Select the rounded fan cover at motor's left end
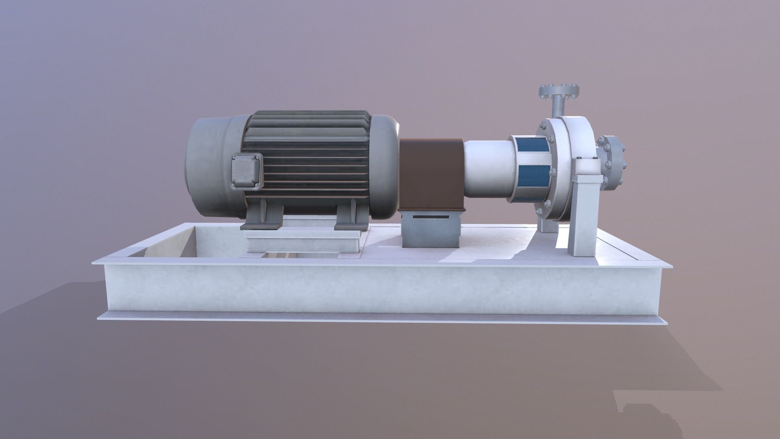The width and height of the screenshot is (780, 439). [211, 167]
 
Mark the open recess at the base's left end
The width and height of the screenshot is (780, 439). [171, 244]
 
